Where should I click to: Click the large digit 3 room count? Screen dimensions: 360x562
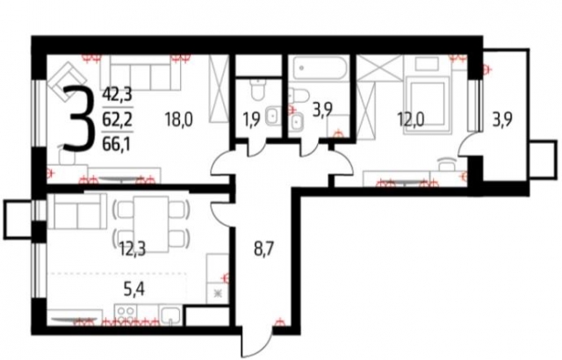80,119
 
